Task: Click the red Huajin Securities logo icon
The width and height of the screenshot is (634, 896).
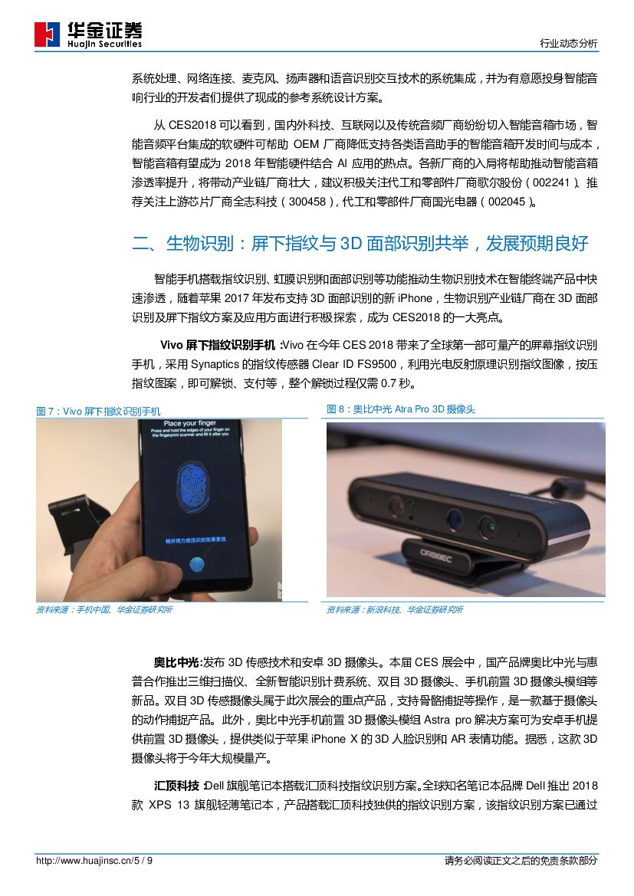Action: [47, 34]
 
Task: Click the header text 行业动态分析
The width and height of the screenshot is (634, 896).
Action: [568, 43]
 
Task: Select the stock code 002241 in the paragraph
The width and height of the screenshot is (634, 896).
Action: [551, 182]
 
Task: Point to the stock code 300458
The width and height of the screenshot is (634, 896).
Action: [307, 202]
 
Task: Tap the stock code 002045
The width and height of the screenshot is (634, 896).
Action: [507, 202]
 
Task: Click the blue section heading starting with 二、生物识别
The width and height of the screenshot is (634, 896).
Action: [360, 244]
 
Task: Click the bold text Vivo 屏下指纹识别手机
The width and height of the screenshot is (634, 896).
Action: [217, 345]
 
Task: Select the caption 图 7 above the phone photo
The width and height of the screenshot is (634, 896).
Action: [98, 412]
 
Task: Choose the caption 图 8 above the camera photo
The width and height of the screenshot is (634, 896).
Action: [401, 409]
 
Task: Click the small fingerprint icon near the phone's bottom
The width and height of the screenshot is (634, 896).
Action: [197, 566]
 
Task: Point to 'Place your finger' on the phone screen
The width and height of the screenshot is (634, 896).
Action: [190, 423]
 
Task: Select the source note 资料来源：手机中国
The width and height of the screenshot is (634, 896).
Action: [104, 609]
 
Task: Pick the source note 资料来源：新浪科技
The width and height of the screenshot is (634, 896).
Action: [395, 609]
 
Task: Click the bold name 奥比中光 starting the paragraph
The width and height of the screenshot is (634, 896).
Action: [176, 663]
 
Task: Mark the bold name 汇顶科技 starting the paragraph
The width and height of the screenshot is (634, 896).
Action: [176, 786]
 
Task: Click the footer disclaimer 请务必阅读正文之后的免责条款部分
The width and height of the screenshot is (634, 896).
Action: [521, 861]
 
